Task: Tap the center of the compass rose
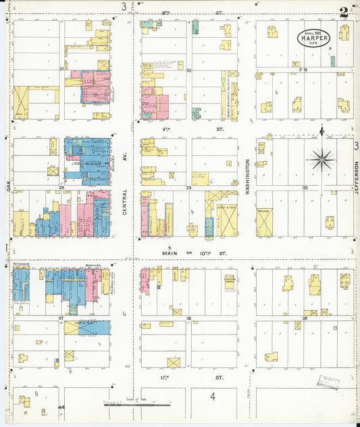(322, 160)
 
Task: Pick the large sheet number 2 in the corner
(344, 11)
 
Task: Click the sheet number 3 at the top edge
(124, 7)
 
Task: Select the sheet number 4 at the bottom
(212, 397)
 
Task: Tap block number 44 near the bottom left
(61, 407)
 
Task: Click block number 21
(61, 70)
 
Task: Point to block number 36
(189, 318)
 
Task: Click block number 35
(305, 318)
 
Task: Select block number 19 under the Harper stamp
(305, 70)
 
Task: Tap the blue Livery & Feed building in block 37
(88, 328)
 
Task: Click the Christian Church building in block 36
(229, 282)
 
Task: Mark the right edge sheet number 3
(355, 145)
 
